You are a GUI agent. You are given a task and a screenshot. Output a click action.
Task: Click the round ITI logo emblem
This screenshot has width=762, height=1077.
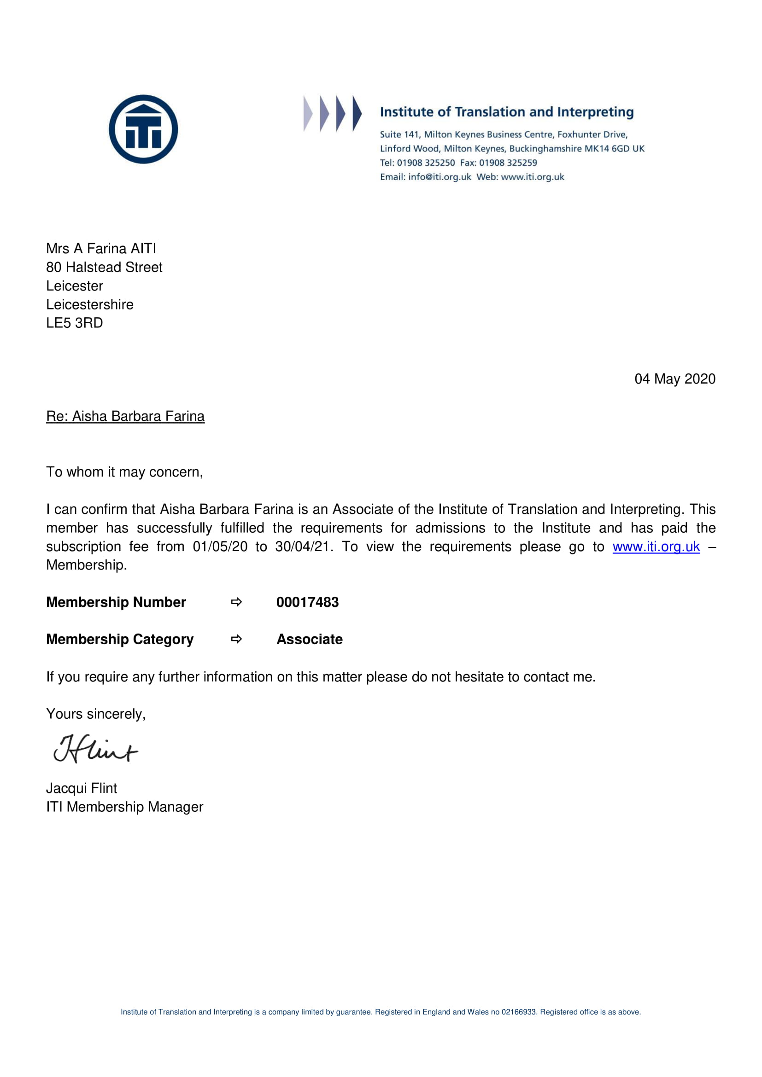click(x=143, y=129)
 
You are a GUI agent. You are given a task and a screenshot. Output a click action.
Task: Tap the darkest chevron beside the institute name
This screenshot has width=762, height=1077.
click(x=357, y=113)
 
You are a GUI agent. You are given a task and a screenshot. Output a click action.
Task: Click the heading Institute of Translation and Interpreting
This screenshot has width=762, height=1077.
click(x=507, y=112)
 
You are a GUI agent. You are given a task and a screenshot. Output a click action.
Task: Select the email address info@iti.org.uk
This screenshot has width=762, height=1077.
click(x=440, y=177)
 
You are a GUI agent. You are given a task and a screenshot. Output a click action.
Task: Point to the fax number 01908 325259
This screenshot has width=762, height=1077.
click(x=508, y=163)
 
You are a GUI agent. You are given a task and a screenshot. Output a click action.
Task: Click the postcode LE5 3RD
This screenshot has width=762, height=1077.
click(x=74, y=323)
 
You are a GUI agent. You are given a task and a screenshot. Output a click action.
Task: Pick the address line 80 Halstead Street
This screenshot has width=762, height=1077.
click(x=104, y=267)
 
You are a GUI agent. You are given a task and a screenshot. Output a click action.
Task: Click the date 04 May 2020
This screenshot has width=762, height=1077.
click(x=675, y=378)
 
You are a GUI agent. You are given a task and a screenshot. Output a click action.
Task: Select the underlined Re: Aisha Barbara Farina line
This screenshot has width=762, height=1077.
click(x=125, y=416)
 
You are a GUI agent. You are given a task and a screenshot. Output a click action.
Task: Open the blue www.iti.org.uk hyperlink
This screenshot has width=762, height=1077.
click(x=656, y=547)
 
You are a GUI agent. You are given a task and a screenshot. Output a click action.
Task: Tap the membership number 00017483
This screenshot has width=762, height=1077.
click(x=307, y=602)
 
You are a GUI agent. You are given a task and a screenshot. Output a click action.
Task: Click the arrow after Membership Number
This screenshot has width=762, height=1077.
click(x=236, y=602)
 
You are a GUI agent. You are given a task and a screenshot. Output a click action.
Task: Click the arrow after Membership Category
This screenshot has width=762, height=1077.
click(x=236, y=639)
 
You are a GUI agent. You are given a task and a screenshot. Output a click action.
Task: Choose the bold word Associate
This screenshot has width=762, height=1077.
click(x=310, y=639)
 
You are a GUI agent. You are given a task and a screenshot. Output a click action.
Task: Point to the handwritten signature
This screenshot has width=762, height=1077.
click(x=96, y=749)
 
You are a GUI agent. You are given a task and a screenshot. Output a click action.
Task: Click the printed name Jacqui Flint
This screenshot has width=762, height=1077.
click(x=82, y=788)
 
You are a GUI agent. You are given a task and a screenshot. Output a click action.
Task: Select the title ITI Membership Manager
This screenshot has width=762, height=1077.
click(x=124, y=807)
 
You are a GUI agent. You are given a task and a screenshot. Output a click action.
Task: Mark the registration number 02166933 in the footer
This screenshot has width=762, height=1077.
click(x=518, y=1012)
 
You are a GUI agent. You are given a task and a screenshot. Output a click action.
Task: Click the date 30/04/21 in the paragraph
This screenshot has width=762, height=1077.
click(x=303, y=547)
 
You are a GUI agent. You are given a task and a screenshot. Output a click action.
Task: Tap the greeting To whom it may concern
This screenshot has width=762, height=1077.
click(x=124, y=472)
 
